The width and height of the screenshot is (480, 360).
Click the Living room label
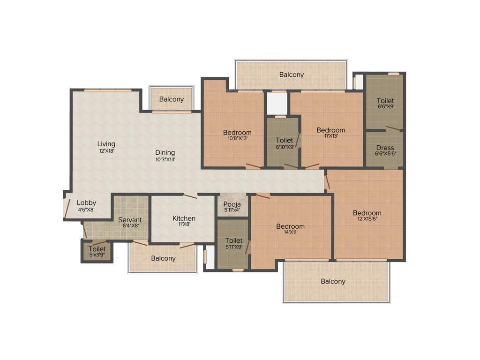tap(106, 144)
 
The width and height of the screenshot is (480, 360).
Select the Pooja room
tap(232, 204)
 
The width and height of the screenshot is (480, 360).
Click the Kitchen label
tap(184, 218)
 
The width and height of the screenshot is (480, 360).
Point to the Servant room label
tap(130, 220)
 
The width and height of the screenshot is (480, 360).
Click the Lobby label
tap(86, 203)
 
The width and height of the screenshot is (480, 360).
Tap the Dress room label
tap(385, 148)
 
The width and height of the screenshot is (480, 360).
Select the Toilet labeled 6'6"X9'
tap(385, 101)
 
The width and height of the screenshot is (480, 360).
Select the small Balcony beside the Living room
tap(171, 99)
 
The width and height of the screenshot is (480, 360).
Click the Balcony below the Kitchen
tap(163, 258)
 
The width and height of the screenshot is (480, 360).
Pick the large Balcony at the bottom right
tap(333, 281)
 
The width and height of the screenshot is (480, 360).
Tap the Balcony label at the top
tap(291, 75)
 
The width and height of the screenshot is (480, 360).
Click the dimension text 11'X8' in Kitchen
tap(184, 225)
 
